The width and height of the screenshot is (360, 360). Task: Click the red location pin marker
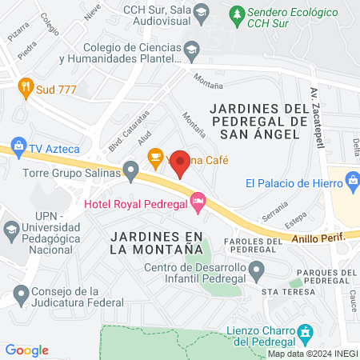(x=180, y=162)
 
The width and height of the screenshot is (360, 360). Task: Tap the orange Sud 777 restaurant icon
(x=26, y=88)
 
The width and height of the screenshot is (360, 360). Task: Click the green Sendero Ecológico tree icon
(x=236, y=14)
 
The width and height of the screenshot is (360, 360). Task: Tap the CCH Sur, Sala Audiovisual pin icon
(x=200, y=10)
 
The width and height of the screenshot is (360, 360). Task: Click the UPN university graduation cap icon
(x=11, y=230)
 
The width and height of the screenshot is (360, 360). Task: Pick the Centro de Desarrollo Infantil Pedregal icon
(x=255, y=271)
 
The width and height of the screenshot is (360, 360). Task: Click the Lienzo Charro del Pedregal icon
(x=305, y=331)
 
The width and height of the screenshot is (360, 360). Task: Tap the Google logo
(x=26, y=350)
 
